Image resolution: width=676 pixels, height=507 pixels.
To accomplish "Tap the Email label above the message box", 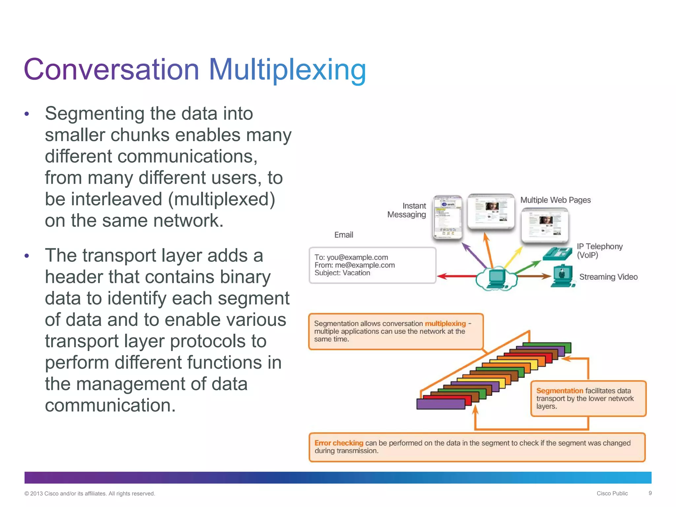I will coord(344,235).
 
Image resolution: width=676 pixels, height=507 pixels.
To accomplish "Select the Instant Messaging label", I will coord(407,210).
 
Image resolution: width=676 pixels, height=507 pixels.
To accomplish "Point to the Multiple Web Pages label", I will coord(556,200).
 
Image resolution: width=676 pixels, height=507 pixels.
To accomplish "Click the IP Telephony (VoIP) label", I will coord(599,251).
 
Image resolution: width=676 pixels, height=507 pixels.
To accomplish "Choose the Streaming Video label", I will coord(608,277).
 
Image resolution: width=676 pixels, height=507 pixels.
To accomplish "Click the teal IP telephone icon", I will coord(557,253).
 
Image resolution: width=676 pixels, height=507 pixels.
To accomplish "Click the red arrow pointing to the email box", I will coord(456,276).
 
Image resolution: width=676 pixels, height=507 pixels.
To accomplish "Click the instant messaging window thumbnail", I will coord(448,217).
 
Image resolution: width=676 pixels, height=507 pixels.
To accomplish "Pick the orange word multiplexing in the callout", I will coord(445,323).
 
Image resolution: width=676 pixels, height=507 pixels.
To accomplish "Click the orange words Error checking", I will coord(339,443).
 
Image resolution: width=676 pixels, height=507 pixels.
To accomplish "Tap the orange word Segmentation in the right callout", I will coord(559,391).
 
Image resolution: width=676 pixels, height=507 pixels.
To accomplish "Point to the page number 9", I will coord(650,493).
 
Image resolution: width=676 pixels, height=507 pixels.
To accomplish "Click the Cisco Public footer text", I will coord(612,493).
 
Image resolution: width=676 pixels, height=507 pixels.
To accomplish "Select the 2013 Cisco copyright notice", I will coord(90,493).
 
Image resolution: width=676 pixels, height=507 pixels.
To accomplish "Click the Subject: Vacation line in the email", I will coord(342,273).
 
